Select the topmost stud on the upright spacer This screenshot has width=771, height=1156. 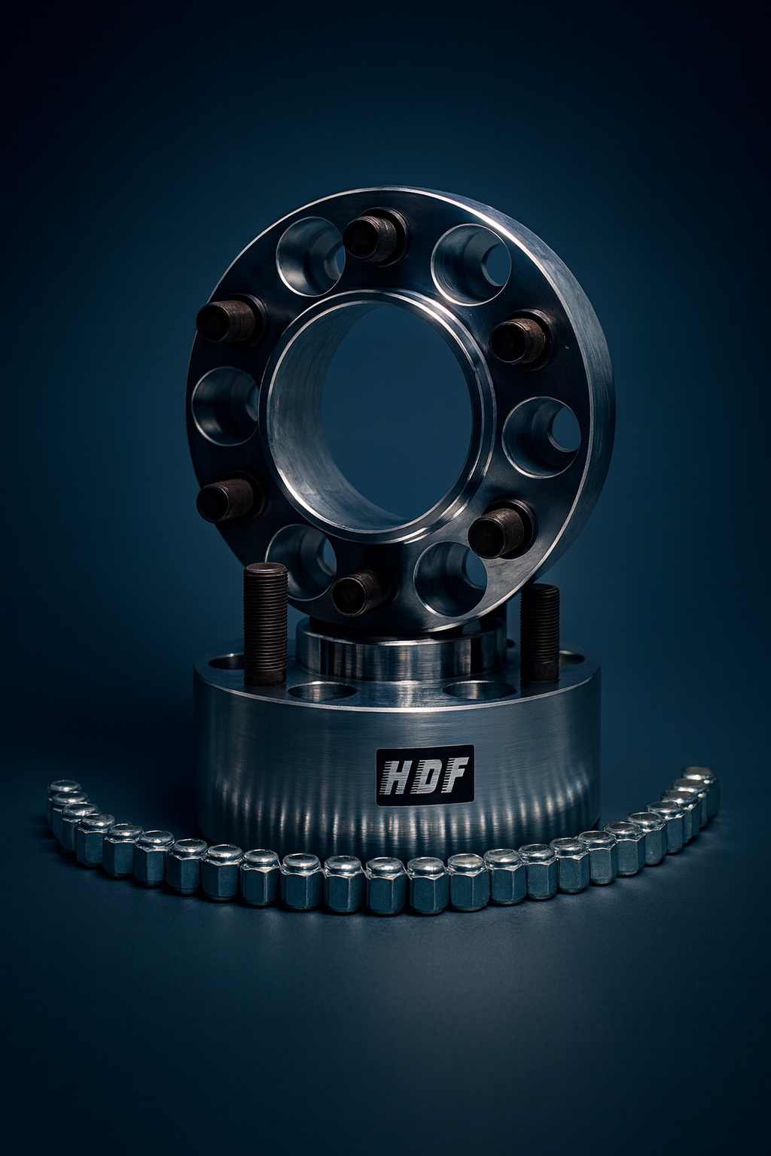point(376,236)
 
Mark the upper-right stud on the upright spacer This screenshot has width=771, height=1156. point(522,338)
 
